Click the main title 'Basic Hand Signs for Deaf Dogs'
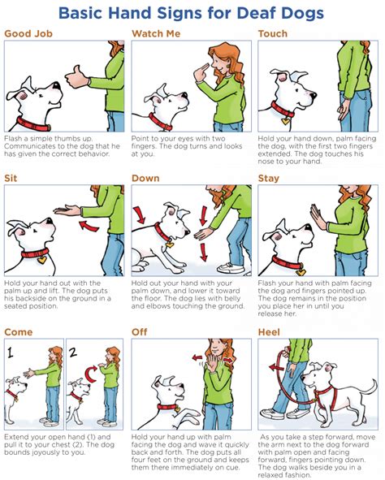[x=192, y=13]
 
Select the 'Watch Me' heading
[x=158, y=34]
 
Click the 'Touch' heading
[x=274, y=34]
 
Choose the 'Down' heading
[x=146, y=177]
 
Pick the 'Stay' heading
[x=270, y=177]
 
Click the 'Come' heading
[x=19, y=332]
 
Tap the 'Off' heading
[x=140, y=332]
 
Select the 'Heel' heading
[x=270, y=332]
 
